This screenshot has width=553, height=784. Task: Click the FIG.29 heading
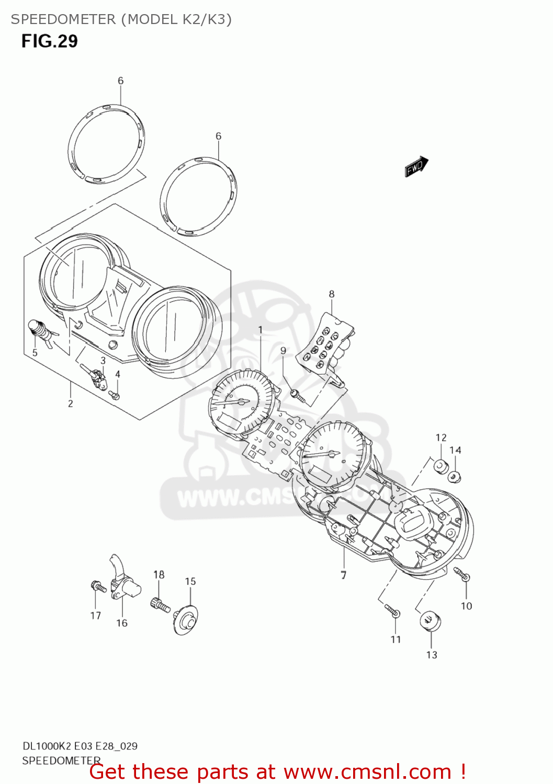tap(50, 41)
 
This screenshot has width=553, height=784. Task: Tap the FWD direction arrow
tap(416, 167)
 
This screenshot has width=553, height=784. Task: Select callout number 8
tap(332, 294)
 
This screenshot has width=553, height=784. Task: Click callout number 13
tap(432, 655)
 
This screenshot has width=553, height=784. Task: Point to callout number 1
tap(261, 330)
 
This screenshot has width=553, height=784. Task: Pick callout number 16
tap(122, 623)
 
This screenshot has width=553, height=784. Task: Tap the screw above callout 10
tap(462, 574)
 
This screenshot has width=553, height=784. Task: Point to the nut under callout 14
tap(455, 476)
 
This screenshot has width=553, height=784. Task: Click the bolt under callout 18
tap(160, 605)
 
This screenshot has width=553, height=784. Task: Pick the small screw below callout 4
tap(115, 396)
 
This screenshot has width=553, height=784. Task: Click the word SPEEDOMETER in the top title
tap(63, 19)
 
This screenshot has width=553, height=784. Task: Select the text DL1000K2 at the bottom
tap(47, 746)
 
